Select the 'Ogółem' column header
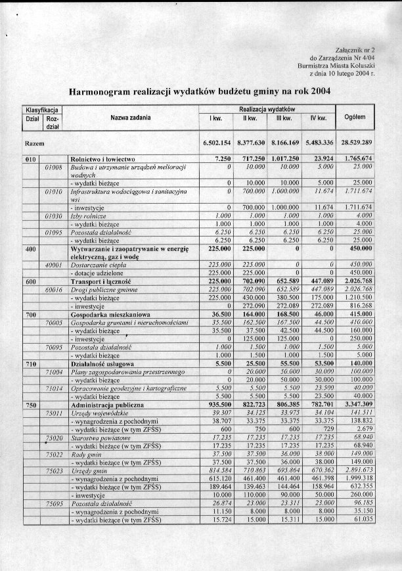[x=355, y=118]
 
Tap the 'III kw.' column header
[x=283, y=118]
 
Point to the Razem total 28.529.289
[x=355, y=143]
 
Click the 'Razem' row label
[x=34, y=143]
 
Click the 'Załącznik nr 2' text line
[x=355, y=50]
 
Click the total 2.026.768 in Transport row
[x=355, y=281]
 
